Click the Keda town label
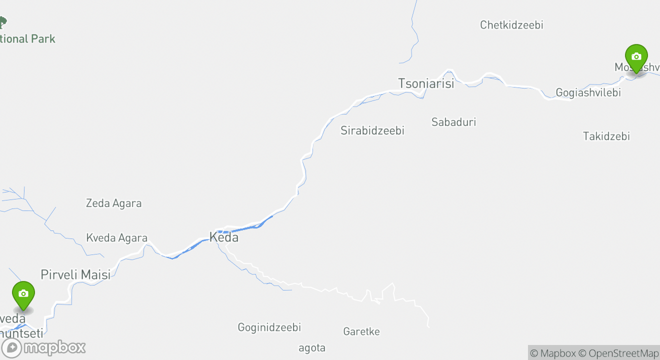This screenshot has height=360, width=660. [x=223, y=237]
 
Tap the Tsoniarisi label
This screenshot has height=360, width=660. [x=426, y=83]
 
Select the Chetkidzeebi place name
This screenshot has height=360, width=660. [x=511, y=25]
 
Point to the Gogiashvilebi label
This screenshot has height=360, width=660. [x=588, y=92]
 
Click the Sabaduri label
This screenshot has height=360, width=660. [x=453, y=122]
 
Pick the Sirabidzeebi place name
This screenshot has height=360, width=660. [x=372, y=130]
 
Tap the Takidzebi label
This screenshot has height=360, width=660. [x=606, y=136]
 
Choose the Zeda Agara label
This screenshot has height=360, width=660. [x=113, y=203]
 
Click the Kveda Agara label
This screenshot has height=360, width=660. [x=116, y=238]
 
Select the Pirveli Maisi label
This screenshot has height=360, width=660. [x=75, y=274]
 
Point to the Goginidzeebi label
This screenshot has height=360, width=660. [x=269, y=327]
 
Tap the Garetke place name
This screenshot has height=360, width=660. [x=361, y=331]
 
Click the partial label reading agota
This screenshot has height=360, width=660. [x=312, y=348]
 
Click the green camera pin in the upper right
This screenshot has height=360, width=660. [x=636, y=57]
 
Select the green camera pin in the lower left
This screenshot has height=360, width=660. [x=23, y=294]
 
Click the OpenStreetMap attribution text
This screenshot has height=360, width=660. [x=623, y=353]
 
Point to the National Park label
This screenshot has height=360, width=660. [x=27, y=39]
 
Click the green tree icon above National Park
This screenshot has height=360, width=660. [x=2, y=22]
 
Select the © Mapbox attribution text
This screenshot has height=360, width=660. [x=552, y=353]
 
